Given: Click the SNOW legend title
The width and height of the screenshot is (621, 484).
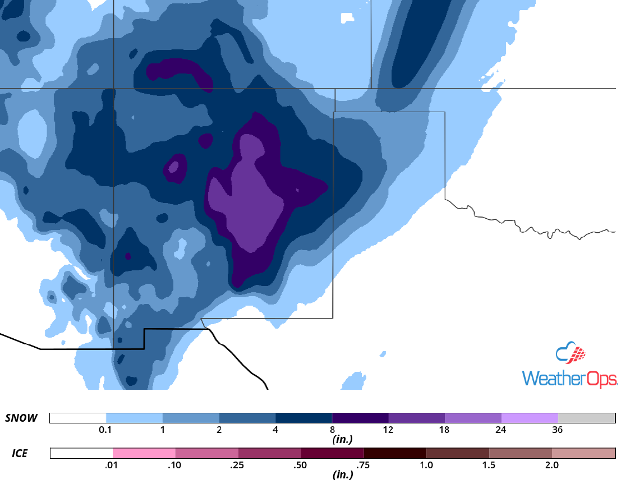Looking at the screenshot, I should coord(21,418).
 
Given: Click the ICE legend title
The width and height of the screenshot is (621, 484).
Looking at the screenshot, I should coord(20,453).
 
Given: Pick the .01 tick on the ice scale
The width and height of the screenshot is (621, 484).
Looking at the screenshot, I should coord(113,465).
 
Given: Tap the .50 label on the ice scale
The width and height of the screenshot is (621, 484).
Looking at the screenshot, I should coord(301,465).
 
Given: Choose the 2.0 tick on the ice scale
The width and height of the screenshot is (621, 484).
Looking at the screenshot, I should coord(552,465).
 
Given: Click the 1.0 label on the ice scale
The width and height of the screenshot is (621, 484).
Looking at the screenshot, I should coord(426,465).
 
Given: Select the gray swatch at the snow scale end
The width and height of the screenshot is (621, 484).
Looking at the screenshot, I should coord(586,418).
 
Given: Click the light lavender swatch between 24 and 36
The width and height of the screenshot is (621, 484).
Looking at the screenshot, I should coord(530,418).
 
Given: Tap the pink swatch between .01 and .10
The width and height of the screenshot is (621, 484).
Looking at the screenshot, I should coord(144,453).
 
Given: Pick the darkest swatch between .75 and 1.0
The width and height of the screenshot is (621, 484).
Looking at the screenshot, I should coord(395,453).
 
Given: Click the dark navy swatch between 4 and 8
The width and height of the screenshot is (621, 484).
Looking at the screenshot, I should coord(303,418).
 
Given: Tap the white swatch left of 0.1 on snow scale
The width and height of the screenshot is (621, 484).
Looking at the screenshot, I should coord(78,418).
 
